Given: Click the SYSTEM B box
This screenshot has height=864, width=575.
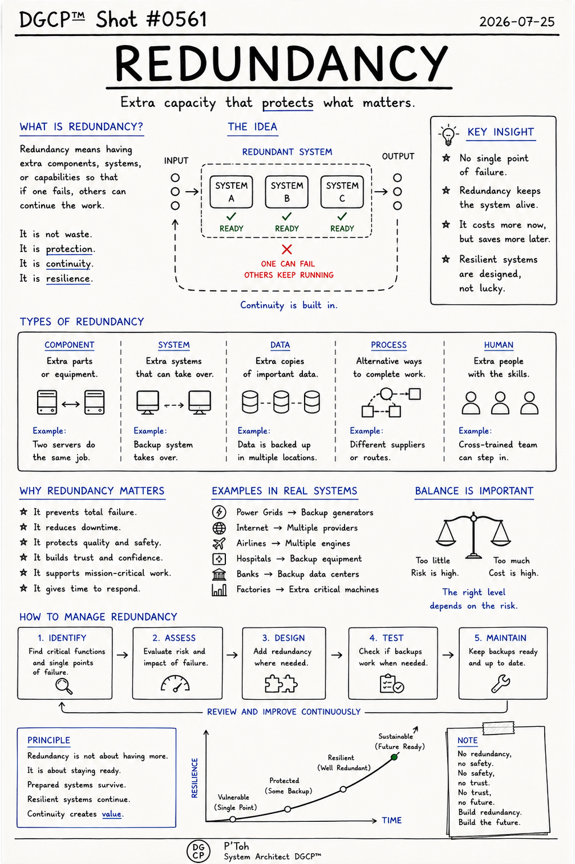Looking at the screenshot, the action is (x=287, y=192).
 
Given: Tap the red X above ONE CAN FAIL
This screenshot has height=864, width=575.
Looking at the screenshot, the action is (x=287, y=249).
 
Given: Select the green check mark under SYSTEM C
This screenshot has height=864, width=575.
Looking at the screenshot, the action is (x=342, y=216).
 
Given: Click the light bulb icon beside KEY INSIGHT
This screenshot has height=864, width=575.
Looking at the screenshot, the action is (x=448, y=134).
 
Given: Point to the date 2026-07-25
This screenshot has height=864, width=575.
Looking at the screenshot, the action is (x=517, y=21).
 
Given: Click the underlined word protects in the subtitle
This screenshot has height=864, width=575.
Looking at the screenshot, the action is (x=288, y=103).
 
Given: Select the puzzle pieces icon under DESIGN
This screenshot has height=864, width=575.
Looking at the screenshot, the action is (x=281, y=684).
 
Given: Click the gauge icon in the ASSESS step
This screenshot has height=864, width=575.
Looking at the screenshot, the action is (x=175, y=683).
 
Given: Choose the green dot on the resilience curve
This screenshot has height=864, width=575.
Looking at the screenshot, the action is (x=394, y=757).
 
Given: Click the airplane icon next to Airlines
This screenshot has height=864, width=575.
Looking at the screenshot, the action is (x=219, y=543).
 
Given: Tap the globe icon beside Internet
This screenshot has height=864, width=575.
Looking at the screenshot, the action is (x=219, y=528).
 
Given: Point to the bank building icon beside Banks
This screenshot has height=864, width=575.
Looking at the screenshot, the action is (x=219, y=575).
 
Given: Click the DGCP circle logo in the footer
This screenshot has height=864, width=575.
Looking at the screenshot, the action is (x=198, y=851).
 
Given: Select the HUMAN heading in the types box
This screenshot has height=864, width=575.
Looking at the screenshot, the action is (x=499, y=345).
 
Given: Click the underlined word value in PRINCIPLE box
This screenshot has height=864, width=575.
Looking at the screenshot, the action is (x=112, y=814).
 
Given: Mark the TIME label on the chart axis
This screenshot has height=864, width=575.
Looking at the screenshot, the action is (x=392, y=820).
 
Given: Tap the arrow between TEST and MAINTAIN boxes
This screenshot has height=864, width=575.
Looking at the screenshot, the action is (x=448, y=655).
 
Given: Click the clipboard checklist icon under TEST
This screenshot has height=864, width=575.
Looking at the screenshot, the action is (x=392, y=684).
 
